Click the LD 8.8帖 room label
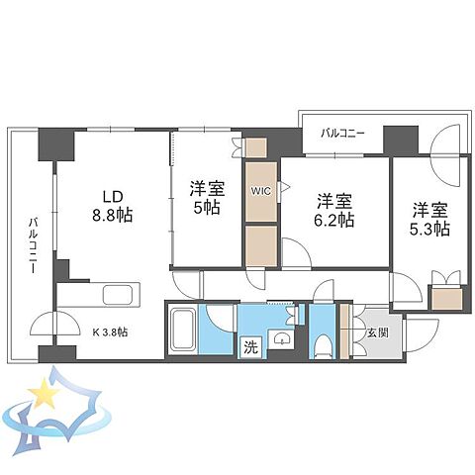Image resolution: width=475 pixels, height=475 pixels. tap(113, 206)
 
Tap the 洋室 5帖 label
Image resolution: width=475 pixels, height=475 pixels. tap(207, 198)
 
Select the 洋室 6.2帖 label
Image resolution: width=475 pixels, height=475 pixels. tap(334, 211)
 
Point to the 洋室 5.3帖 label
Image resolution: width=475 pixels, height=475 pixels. tap(429, 220)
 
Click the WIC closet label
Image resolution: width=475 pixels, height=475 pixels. tap(261, 191)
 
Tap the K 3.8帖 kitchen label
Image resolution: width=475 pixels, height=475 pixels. tap(110, 332)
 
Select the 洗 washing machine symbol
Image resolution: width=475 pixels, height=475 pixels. tap(250, 347)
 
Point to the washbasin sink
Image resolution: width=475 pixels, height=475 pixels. tap(280, 338)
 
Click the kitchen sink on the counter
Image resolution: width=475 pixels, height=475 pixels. tap(118, 295)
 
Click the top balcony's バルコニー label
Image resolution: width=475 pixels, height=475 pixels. tap(342, 134)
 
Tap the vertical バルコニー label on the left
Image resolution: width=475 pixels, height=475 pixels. tap(33, 245)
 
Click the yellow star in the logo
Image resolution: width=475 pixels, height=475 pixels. tap(44, 393)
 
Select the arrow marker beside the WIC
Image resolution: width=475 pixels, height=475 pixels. tap(285, 188)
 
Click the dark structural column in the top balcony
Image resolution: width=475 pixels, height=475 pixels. tap(401, 140)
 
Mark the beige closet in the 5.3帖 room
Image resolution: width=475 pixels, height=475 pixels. tap(446, 299)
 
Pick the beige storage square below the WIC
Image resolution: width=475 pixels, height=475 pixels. tap(261, 245)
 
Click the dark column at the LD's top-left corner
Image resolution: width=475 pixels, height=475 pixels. tap(56, 144)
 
